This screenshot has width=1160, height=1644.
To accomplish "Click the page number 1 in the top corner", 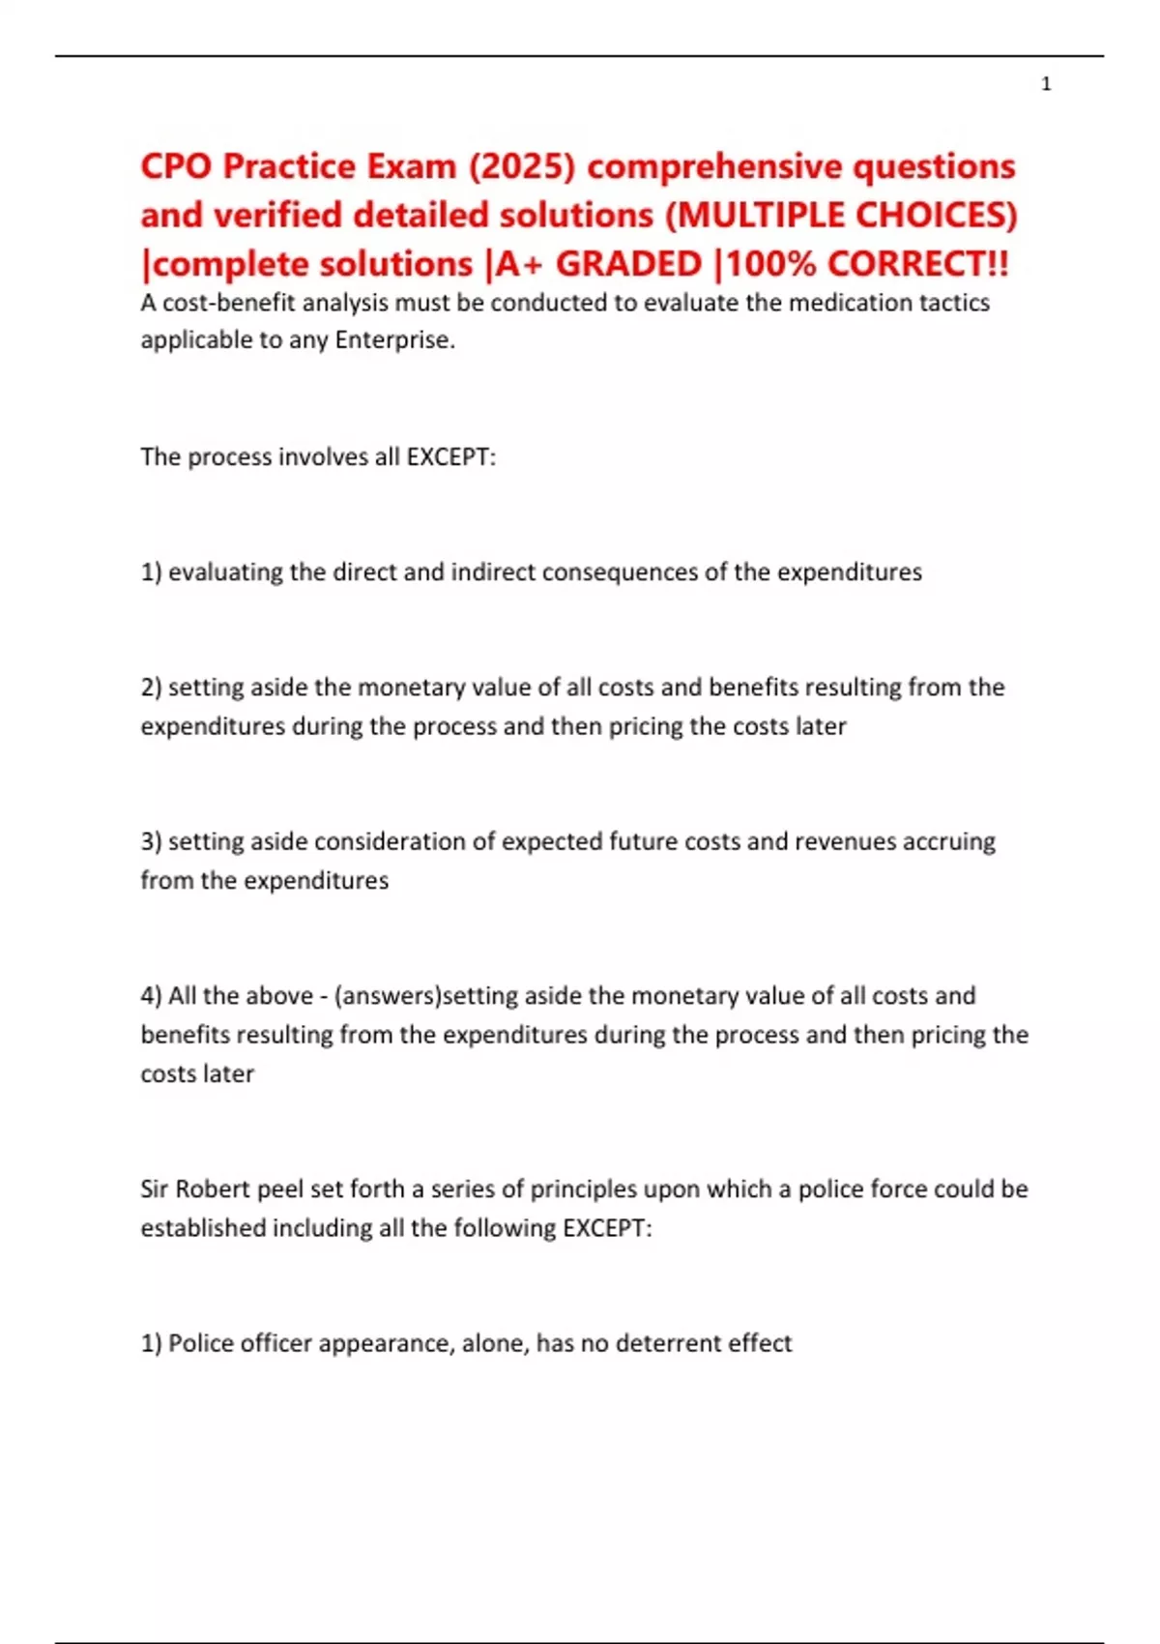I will (x=1046, y=84).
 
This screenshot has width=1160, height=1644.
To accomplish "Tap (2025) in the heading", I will (x=522, y=166).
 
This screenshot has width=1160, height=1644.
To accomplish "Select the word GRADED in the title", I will (x=628, y=264).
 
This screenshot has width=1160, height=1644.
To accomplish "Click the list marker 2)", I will (x=151, y=688).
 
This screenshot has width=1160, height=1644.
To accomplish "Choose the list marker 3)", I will (x=151, y=841).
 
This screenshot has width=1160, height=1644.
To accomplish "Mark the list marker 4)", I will (x=151, y=996).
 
